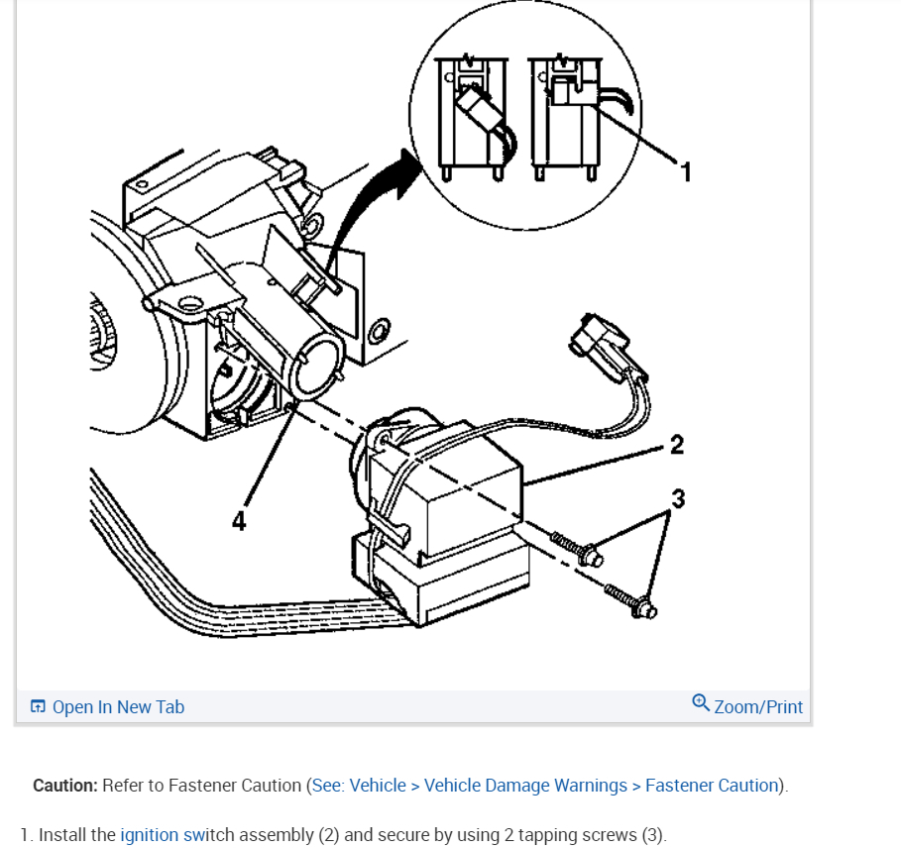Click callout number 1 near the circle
point(685,171)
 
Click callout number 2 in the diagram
point(676,445)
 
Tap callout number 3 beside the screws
point(678,498)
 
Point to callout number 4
point(239,521)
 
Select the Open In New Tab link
point(118,706)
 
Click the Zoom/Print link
point(758,706)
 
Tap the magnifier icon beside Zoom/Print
point(701,703)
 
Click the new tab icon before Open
point(39,706)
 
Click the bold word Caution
point(64,786)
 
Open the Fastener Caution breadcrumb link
point(712,786)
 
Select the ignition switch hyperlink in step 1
point(162,835)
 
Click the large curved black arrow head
point(407,167)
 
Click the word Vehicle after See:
point(378,786)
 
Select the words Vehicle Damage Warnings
point(525,786)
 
